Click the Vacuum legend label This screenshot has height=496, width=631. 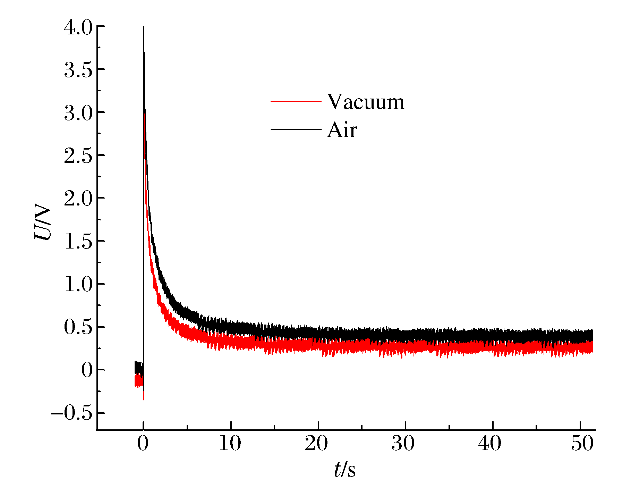[x=366, y=102]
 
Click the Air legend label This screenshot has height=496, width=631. [x=342, y=130]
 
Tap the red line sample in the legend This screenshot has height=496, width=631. [x=296, y=101]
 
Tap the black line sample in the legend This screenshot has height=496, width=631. [x=296, y=129]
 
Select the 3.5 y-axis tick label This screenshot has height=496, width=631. [x=78, y=70]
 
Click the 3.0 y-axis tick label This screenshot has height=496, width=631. [x=78, y=113]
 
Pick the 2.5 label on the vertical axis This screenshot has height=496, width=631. [x=78, y=156]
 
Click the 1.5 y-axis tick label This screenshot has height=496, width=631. [x=78, y=242]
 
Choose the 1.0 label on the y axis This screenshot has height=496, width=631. [x=78, y=285]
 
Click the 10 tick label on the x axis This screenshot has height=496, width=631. [x=230, y=444]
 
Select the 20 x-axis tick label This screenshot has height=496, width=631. [x=316, y=444]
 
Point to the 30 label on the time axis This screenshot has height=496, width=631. [x=403, y=444]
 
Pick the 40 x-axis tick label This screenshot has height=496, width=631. [x=490, y=444]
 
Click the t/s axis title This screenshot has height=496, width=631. [x=344, y=470]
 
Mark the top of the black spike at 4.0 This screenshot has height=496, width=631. [x=144, y=27]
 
